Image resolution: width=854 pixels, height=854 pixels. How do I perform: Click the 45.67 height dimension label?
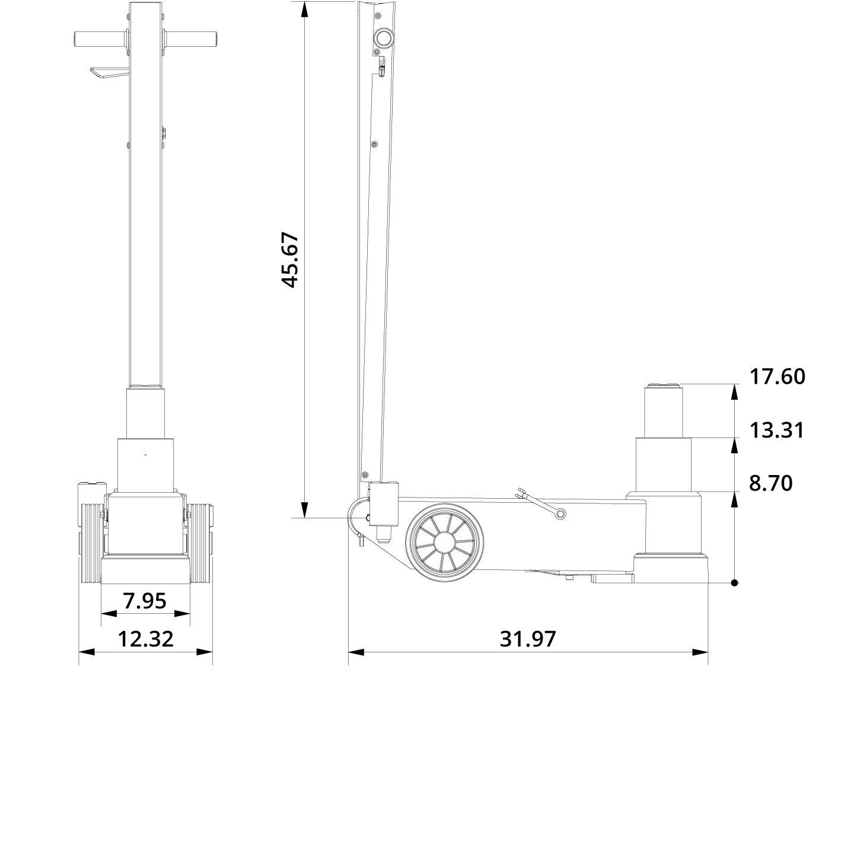pos(290,260)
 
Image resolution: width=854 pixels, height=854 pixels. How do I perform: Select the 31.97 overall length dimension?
pos(528,639)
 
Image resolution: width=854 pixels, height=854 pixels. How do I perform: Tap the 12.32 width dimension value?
pos(146,639)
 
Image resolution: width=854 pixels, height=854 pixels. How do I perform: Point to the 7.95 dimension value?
pos(145,601)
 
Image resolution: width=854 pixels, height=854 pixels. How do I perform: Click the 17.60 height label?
pos(777,377)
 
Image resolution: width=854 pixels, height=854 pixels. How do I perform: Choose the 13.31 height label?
pos(777,430)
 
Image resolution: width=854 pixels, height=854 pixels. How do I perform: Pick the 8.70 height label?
pos(770,483)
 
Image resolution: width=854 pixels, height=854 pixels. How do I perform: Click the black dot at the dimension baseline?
pos(734,583)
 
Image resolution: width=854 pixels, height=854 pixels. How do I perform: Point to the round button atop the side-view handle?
pos(383,39)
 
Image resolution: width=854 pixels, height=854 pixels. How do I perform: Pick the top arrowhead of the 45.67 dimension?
pos(304,9)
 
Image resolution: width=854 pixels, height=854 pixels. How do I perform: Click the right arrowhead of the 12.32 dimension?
pos(205,652)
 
